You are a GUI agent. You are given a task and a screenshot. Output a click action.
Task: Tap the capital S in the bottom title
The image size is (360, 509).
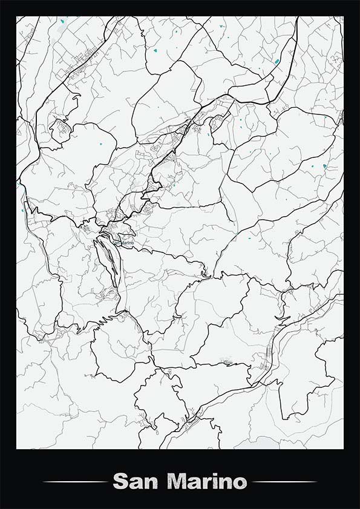(120, 482)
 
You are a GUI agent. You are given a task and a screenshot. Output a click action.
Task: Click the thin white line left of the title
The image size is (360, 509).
(75, 482)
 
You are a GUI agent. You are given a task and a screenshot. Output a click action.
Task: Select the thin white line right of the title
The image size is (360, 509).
(284, 482)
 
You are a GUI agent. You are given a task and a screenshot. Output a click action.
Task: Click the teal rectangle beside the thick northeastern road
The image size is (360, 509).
(277, 61)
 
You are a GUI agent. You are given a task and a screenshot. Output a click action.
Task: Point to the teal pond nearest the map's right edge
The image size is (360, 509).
(326, 166)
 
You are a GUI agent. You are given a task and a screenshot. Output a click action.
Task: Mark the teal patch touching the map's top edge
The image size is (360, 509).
(62, 22)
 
